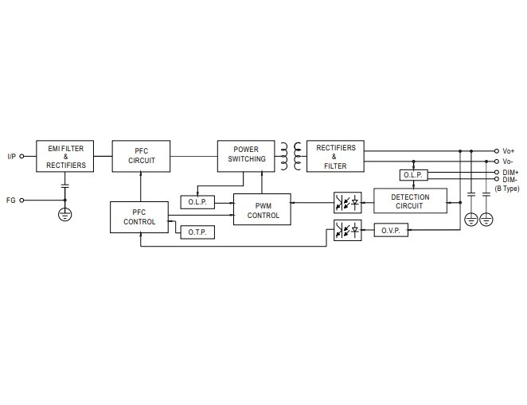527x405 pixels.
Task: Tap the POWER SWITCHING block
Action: (245, 154)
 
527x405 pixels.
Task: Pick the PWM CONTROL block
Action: (262, 208)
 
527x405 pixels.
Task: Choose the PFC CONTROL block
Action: (139, 216)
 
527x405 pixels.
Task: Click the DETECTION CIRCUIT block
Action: (410, 202)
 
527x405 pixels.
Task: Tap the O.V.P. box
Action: (390, 230)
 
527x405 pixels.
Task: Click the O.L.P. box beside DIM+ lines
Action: (412, 175)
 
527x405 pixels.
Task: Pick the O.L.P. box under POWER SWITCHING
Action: (197, 202)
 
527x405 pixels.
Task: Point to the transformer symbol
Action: (287, 156)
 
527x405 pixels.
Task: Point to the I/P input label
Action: (11, 157)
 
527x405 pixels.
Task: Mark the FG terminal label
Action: (11, 201)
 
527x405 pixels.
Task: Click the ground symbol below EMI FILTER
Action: (65, 214)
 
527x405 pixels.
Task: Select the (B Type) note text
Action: (507, 189)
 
